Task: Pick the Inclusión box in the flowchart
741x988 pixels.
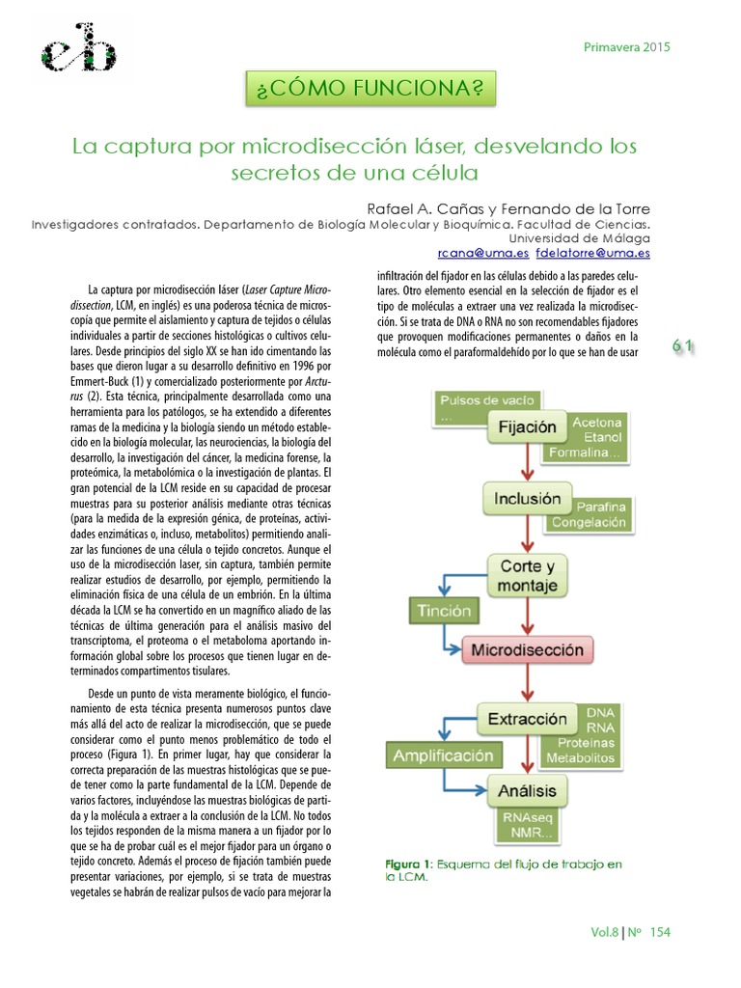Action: point(527,499)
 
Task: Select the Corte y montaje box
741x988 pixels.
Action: point(527,574)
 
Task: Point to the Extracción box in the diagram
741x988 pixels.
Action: point(527,719)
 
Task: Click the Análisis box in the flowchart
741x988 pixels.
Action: point(527,792)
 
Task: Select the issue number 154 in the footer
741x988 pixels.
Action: point(660,932)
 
